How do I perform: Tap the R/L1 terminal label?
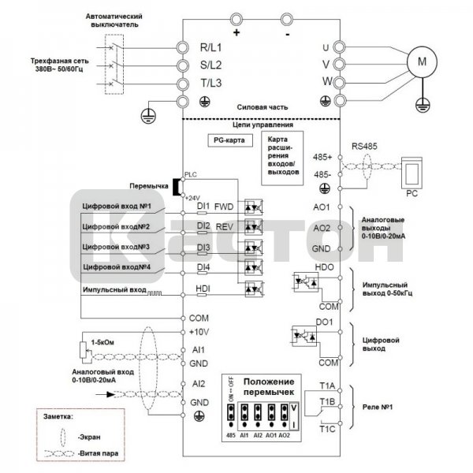tap(210, 47)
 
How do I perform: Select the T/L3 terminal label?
tap(210, 84)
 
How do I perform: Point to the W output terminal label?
tap(326, 83)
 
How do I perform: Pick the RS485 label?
tap(367, 145)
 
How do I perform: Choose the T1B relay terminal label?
tap(328, 401)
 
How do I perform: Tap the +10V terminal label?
tap(200, 332)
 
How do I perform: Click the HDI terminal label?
tap(203, 289)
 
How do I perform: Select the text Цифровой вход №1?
tap(116, 206)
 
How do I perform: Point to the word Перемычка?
tap(151, 187)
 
